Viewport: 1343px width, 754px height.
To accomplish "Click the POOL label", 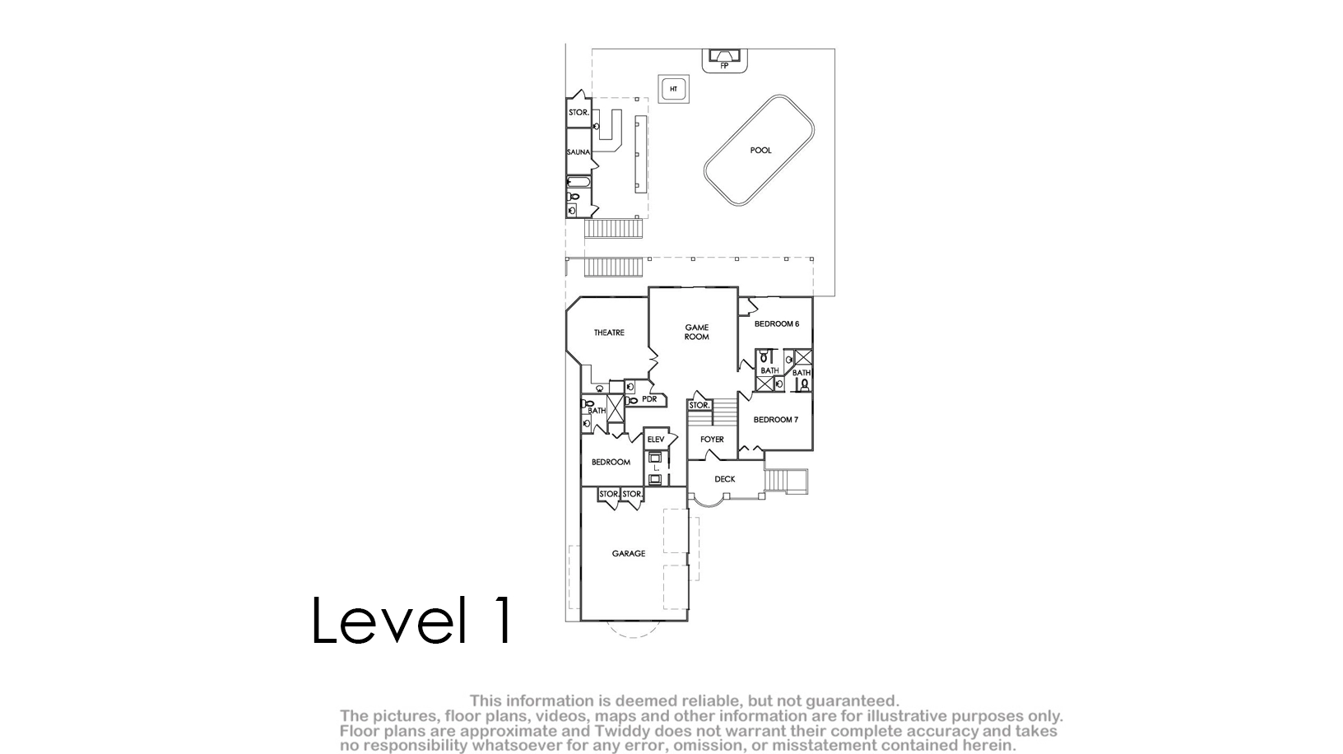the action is (761, 150).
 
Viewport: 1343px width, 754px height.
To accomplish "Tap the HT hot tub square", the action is (673, 89).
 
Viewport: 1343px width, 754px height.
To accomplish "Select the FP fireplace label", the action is (724, 66).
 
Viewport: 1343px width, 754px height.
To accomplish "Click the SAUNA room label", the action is (579, 152).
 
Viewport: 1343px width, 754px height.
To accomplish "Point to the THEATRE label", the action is (609, 333).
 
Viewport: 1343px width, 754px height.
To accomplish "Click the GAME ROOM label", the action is (697, 332).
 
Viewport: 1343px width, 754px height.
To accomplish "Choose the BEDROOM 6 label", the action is (777, 324).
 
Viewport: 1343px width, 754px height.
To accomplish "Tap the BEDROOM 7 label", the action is (776, 420).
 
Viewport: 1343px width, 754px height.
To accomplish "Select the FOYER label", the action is (713, 439).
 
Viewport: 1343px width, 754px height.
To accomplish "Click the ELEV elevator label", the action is (656, 440).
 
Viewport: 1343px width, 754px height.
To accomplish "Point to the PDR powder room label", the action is (649, 399).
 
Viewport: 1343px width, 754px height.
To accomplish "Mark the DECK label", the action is (725, 479).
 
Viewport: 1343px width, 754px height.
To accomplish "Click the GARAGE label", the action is (629, 554).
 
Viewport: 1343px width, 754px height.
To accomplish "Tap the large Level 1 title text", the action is (412, 620).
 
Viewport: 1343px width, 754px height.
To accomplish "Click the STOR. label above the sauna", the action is (579, 112).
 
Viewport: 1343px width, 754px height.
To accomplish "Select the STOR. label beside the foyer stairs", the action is (699, 406).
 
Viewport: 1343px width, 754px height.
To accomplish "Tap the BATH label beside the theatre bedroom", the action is (597, 411).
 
